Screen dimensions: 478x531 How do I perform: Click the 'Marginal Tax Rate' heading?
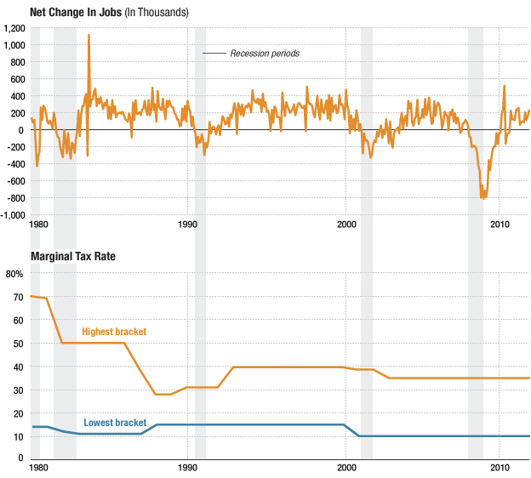click(x=72, y=256)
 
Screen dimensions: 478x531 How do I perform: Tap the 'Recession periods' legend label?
click(x=265, y=54)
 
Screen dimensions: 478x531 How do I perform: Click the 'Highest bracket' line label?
click(x=113, y=332)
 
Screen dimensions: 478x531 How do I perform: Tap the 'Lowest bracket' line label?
click(x=115, y=423)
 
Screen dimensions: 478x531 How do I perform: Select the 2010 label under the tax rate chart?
click(x=499, y=469)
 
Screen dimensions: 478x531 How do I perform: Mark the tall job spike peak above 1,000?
click(x=88, y=36)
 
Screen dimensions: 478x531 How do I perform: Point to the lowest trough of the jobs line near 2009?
click(x=483, y=198)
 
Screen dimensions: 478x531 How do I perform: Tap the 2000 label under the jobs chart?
click(x=345, y=225)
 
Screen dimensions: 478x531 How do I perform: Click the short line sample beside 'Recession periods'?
click(x=214, y=54)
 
